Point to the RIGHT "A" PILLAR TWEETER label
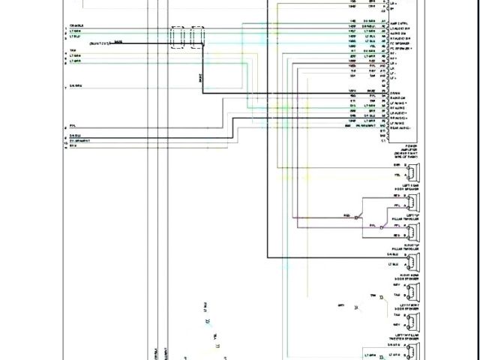[413, 246]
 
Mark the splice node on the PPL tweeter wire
[381, 224]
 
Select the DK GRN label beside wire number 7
[75, 86]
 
